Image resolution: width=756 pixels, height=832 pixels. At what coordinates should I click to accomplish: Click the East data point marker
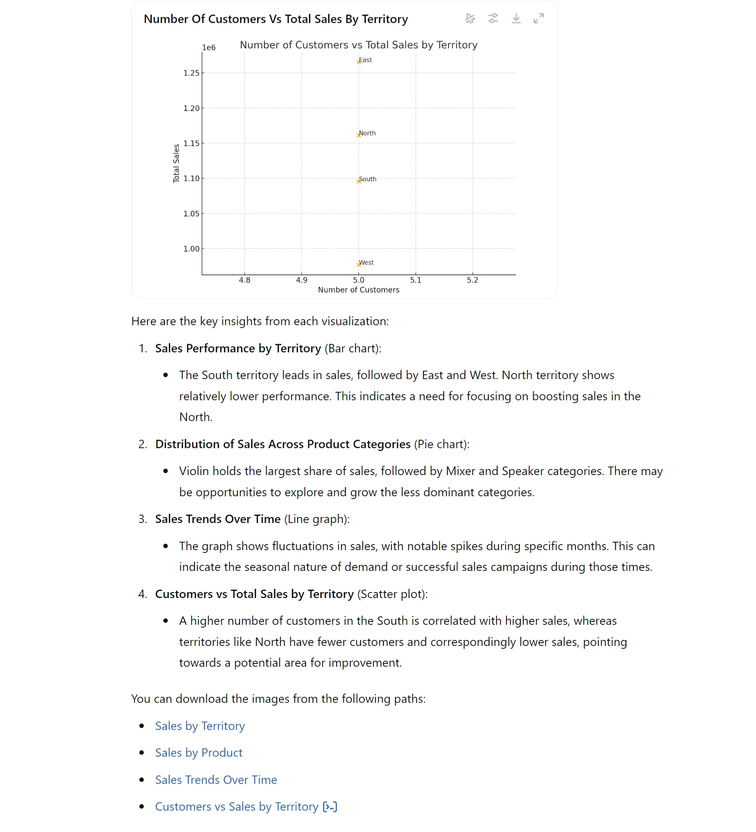[358, 62]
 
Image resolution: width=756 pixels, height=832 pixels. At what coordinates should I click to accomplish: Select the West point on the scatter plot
[358, 265]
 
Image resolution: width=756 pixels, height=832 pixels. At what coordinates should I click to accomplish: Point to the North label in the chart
[367, 133]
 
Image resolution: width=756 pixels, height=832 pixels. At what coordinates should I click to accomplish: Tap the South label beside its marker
[368, 179]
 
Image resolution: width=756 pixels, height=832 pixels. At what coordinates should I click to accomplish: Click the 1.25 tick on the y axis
[191, 73]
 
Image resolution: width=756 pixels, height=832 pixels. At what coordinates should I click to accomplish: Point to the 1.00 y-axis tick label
[191, 249]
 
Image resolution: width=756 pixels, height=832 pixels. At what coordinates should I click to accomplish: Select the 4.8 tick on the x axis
[244, 280]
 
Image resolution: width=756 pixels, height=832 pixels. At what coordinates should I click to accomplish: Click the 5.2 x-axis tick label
[472, 280]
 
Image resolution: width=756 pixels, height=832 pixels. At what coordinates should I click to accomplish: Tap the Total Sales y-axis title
[176, 163]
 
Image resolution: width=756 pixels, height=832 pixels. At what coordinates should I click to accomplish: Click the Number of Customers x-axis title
[358, 290]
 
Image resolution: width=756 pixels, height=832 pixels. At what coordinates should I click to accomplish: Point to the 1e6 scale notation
[208, 48]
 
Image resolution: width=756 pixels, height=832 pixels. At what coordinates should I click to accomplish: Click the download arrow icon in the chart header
[516, 19]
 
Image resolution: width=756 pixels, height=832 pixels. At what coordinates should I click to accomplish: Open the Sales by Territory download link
[200, 726]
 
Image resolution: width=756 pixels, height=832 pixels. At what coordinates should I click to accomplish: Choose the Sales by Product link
[198, 753]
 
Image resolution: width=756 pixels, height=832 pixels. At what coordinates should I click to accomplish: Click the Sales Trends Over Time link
[216, 780]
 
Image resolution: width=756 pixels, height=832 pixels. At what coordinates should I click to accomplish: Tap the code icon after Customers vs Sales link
[330, 807]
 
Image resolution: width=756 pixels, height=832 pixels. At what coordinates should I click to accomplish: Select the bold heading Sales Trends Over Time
[218, 519]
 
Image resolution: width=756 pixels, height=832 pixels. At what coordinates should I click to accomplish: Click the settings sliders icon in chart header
[493, 19]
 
